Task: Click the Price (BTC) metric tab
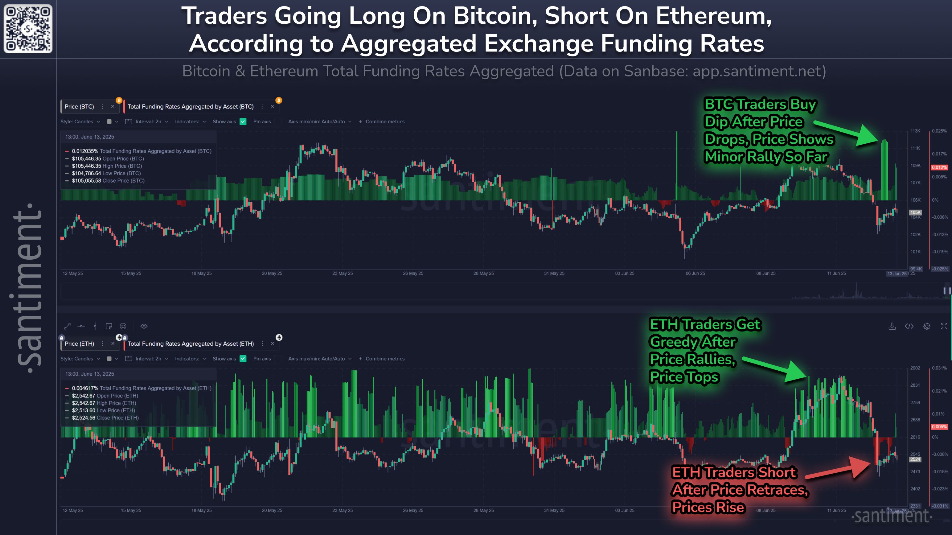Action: pyautogui.click(x=80, y=106)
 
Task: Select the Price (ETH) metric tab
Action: pyautogui.click(x=80, y=344)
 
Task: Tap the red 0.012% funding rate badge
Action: pyautogui.click(x=939, y=167)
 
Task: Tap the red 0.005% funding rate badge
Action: pyautogui.click(x=939, y=427)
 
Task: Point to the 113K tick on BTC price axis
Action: pyautogui.click(x=915, y=131)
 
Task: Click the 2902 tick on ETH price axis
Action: pyautogui.click(x=915, y=368)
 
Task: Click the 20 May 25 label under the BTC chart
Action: pyautogui.click(x=272, y=273)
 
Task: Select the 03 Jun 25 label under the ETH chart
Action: pyautogui.click(x=625, y=510)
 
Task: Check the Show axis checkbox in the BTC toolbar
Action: pyautogui.click(x=243, y=121)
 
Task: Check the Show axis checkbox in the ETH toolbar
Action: pyautogui.click(x=243, y=359)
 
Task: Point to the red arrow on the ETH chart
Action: pyautogui.click(x=839, y=470)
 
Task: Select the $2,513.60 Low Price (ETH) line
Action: pyautogui.click(x=104, y=410)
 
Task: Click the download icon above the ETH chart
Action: pyautogui.click(x=892, y=326)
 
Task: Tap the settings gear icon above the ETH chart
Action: pyautogui.click(x=926, y=326)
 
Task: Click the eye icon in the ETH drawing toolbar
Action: pyautogui.click(x=144, y=326)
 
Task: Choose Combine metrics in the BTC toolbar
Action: pyautogui.click(x=385, y=121)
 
